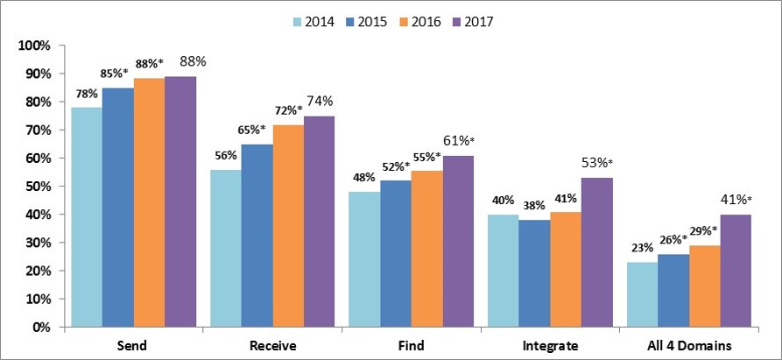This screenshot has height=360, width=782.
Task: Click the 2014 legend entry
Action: [314, 19]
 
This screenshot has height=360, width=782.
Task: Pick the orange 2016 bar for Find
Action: [426, 249]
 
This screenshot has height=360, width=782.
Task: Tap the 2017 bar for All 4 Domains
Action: [736, 271]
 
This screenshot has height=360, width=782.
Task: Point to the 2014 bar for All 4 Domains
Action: [642, 294]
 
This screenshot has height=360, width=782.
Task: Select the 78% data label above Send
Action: [85, 94]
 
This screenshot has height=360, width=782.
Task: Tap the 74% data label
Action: [318, 102]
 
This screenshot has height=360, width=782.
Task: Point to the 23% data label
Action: [642, 248]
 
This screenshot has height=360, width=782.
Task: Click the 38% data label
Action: [533, 205]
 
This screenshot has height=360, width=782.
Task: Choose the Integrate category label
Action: [549, 346]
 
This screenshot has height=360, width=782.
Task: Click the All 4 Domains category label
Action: [688, 346]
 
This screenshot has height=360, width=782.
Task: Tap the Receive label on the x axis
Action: [272, 346]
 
